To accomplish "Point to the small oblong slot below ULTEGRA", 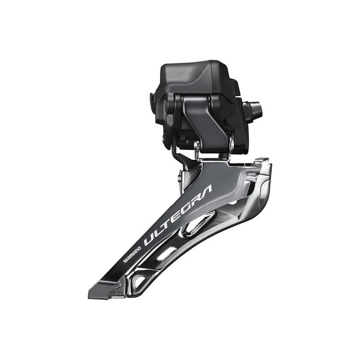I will (x=165, y=253).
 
